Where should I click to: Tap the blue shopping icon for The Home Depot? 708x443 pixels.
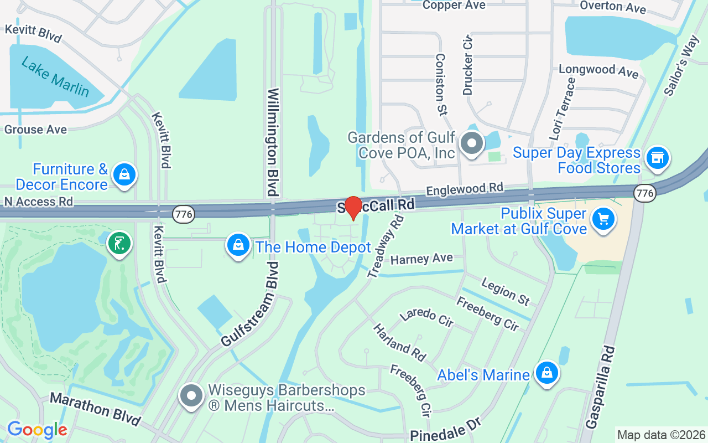(x=238, y=245)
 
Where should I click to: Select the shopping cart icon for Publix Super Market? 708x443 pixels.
(x=603, y=219)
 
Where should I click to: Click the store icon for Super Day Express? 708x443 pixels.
(x=657, y=158)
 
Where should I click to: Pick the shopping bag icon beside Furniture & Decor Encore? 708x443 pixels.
(x=124, y=175)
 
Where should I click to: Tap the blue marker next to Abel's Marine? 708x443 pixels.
(x=546, y=373)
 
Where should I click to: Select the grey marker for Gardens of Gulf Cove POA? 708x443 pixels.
(x=472, y=143)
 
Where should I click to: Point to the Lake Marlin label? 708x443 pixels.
(x=55, y=77)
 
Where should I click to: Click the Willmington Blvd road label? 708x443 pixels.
(x=273, y=142)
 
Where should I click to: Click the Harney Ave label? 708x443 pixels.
(x=421, y=259)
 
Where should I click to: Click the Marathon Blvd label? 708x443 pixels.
(x=95, y=408)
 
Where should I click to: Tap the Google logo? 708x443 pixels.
(x=37, y=430)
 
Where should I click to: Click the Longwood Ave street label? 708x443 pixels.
(x=598, y=70)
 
